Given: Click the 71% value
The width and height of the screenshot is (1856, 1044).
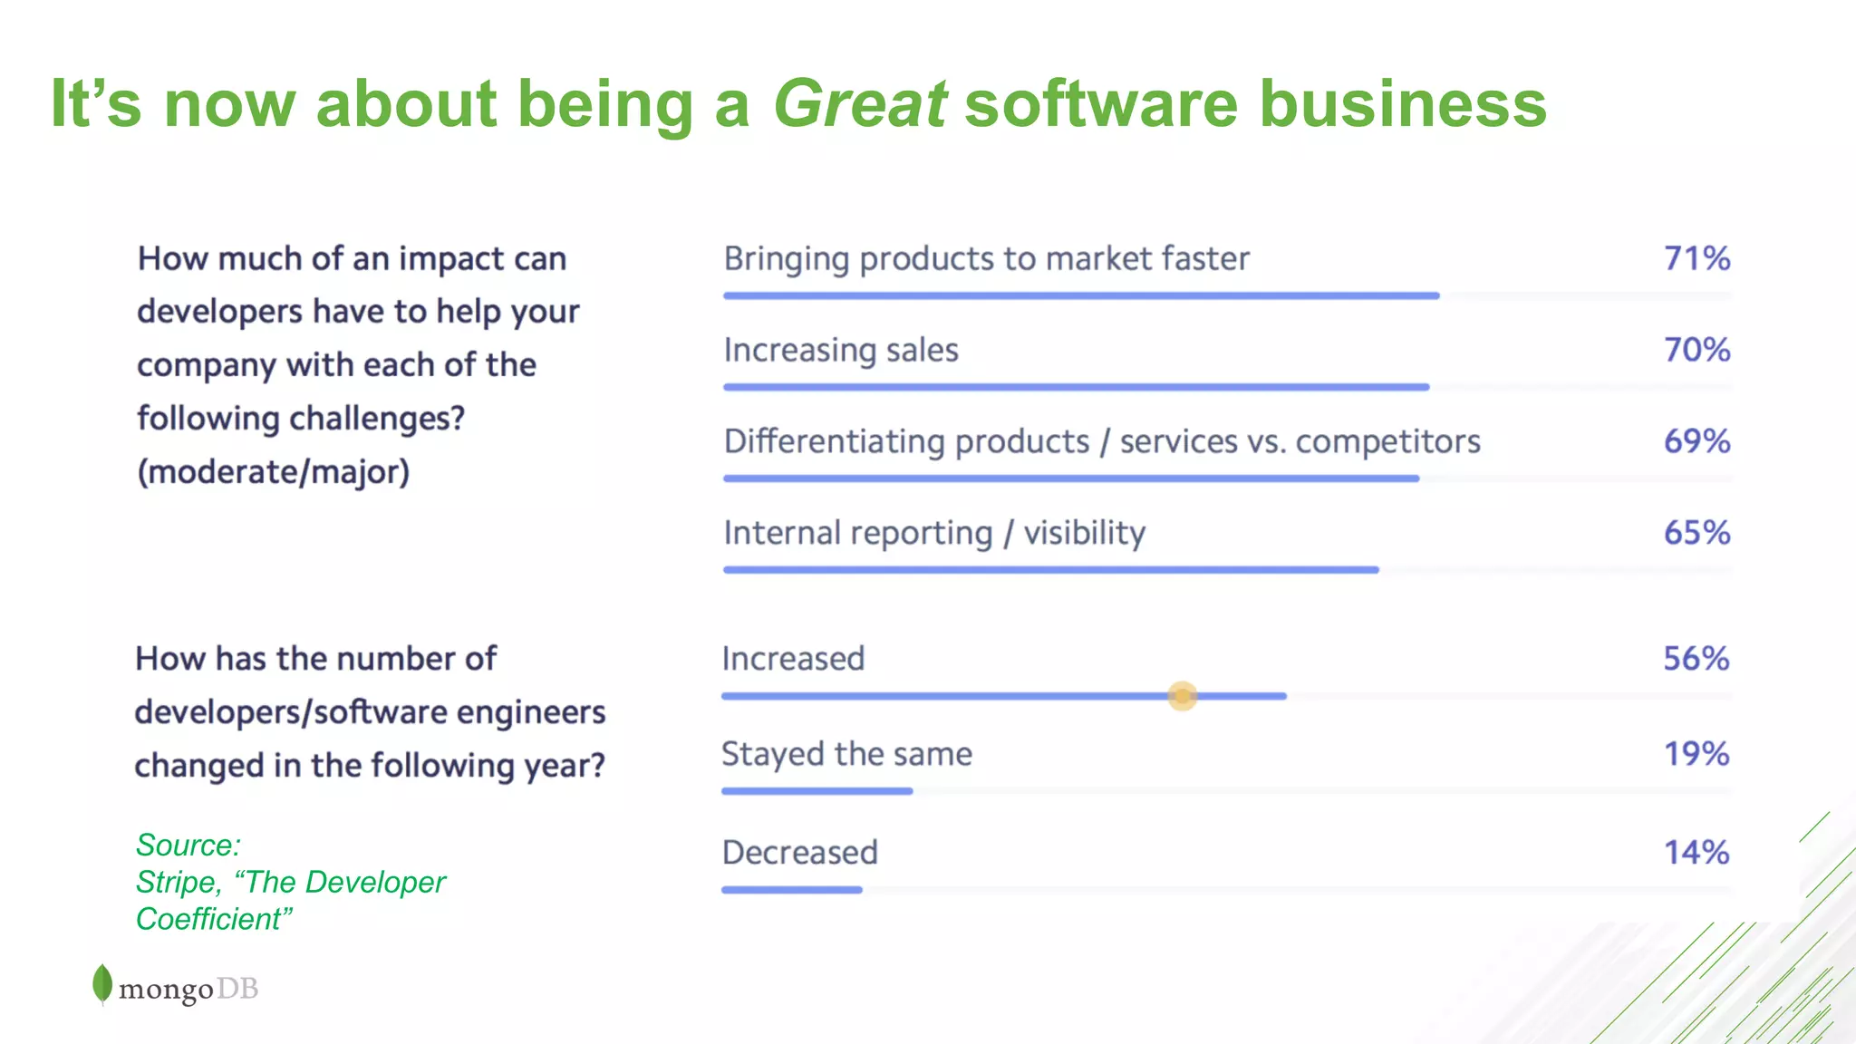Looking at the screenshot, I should point(1696,258).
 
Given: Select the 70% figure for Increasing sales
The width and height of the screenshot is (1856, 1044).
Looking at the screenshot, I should point(1696,350).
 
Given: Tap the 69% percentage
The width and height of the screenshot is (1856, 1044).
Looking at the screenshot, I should point(1696,441).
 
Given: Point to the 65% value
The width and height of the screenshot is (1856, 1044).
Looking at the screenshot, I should point(1696,533).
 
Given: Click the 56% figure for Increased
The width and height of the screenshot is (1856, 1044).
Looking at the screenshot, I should point(1696,659).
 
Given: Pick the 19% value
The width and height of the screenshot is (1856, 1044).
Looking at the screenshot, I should point(1696,754).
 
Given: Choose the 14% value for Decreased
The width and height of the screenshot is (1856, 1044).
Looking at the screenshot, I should point(1696,853).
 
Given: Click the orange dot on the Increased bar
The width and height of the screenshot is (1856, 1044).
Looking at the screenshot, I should point(1182,696).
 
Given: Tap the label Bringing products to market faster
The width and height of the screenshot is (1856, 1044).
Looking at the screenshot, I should point(986,259).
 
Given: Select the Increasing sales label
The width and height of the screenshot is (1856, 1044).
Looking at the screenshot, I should point(840,351).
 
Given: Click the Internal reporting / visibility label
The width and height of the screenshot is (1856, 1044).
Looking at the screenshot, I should point(933,533).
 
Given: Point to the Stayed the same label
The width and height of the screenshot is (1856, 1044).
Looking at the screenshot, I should point(846,754).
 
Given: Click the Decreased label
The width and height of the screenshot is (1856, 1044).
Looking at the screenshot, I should point(799,853).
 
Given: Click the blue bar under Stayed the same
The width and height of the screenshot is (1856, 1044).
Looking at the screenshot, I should point(817,791).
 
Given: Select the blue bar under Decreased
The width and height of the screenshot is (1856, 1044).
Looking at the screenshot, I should point(791,890).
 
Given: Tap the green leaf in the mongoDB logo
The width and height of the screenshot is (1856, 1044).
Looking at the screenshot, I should point(102,983).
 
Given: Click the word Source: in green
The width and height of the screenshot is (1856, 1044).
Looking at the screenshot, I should point(188,845).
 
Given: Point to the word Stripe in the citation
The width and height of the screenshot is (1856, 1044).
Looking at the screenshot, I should point(178,882).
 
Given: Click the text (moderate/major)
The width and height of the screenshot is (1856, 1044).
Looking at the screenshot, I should point(273,472).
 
